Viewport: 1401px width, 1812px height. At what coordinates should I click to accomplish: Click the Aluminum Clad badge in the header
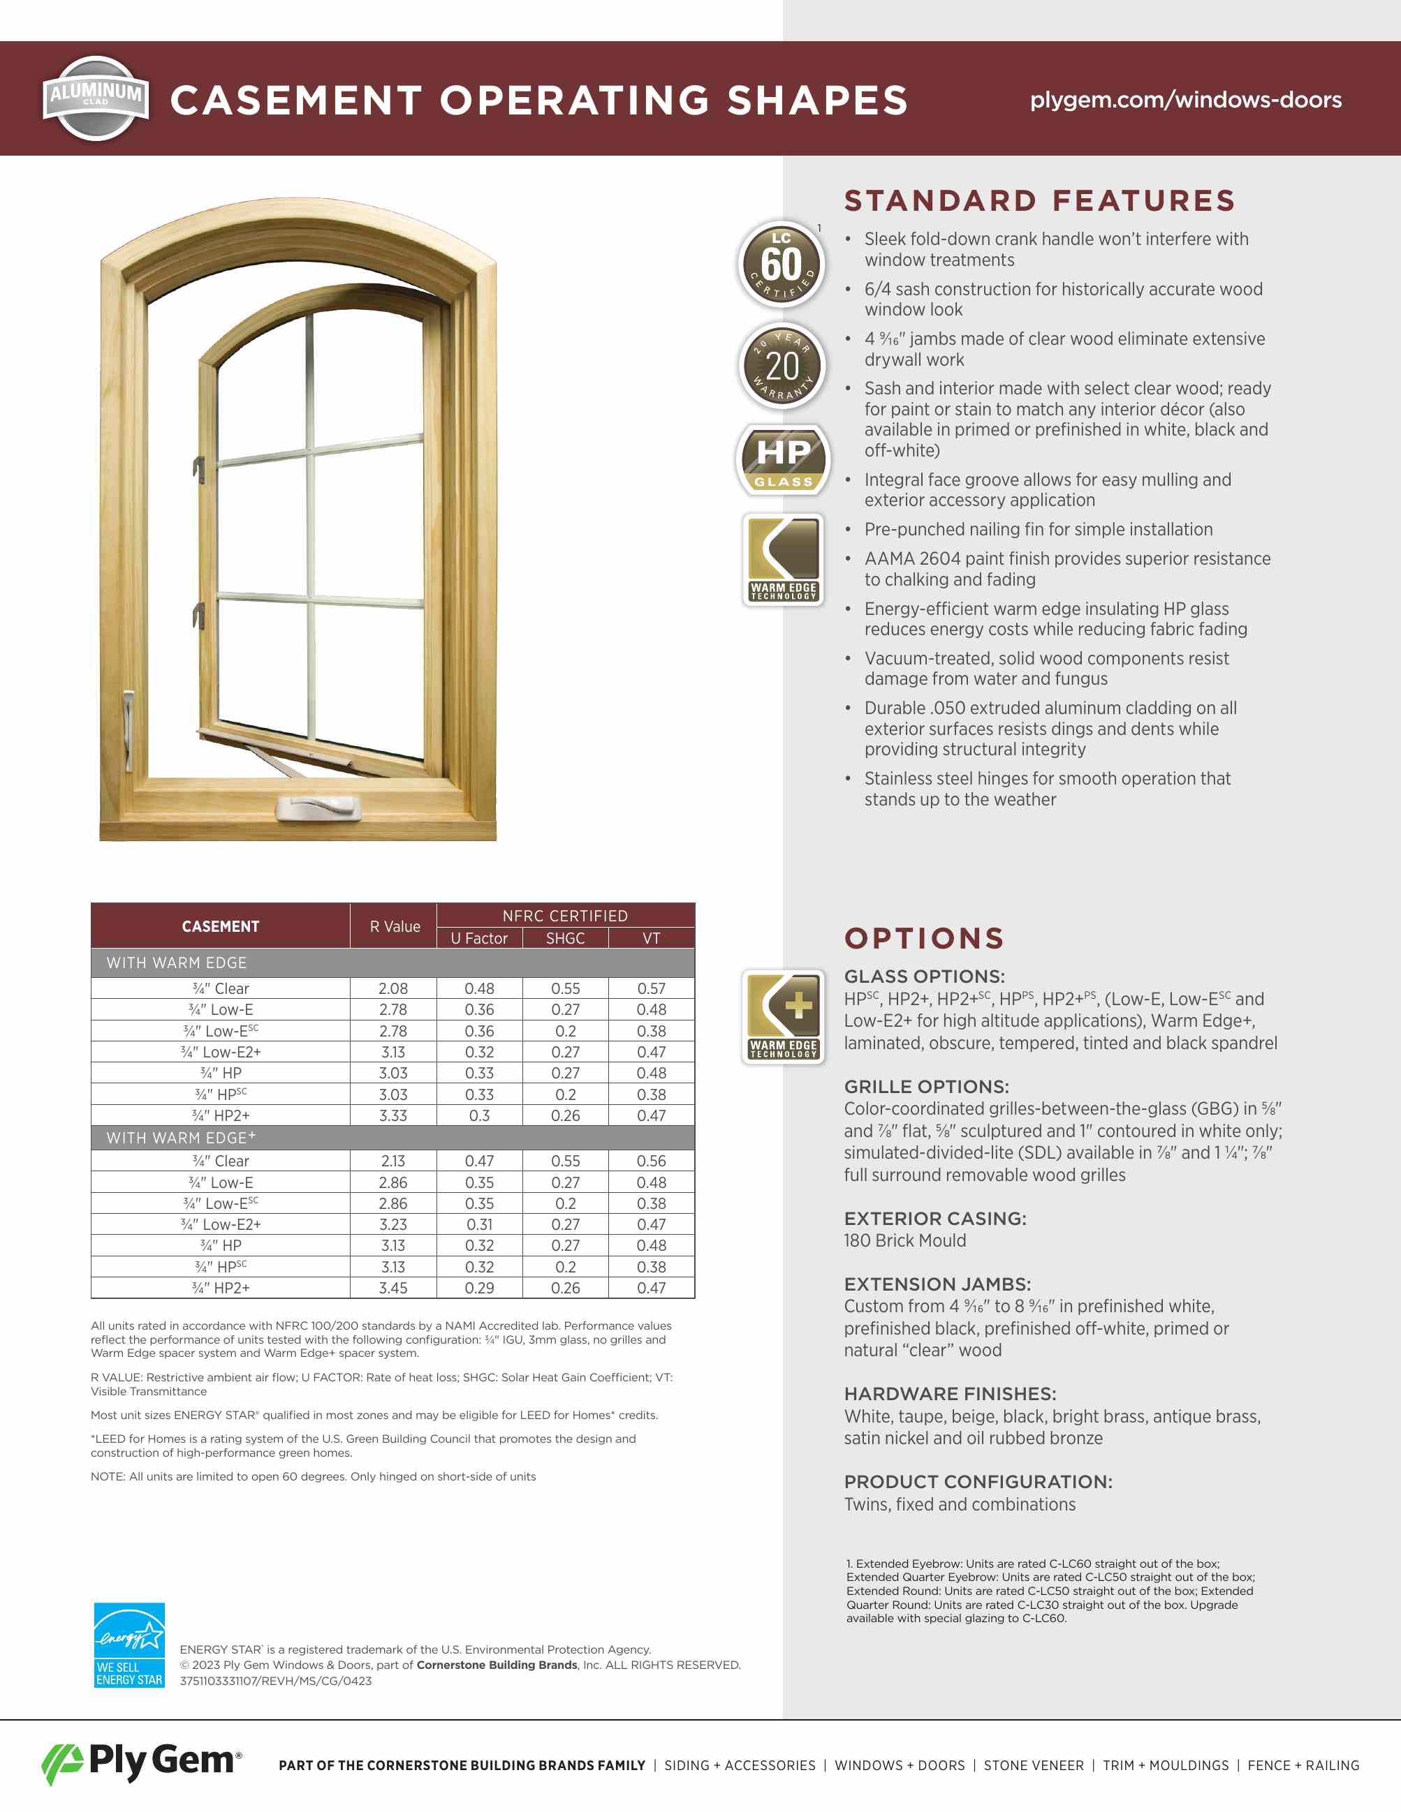click(96, 98)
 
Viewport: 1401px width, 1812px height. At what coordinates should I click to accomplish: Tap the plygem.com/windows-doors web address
click(1185, 100)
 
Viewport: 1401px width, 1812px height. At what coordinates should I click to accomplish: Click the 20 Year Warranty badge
click(781, 366)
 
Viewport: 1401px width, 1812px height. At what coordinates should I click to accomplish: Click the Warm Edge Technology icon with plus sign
click(783, 1016)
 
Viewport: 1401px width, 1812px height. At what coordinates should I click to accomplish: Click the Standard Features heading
click(1039, 201)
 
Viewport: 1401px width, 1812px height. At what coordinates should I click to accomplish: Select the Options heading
click(924, 938)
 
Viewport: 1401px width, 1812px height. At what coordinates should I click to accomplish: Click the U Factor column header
click(479, 938)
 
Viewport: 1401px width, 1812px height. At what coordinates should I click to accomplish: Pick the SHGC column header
click(565, 938)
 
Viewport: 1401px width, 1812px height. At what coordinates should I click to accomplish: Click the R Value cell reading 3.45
click(393, 1288)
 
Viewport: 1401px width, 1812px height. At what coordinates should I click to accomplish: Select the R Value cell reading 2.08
click(393, 988)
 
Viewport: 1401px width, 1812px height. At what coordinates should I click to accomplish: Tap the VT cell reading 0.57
click(652, 988)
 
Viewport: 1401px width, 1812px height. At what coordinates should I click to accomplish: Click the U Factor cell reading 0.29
click(479, 1288)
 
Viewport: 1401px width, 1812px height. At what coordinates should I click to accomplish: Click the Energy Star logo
click(129, 1644)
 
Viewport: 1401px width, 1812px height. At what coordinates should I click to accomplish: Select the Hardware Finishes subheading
click(950, 1394)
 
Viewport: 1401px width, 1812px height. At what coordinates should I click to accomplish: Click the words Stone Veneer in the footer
click(1034, 1765)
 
